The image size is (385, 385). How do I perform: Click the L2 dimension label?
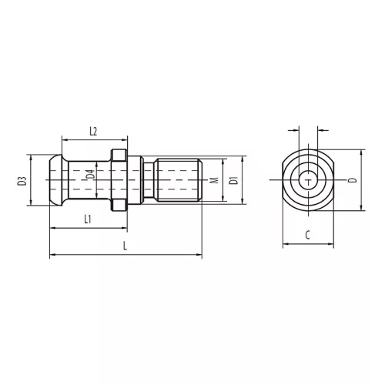click(x=93, y=132)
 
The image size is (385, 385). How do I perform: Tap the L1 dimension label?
click(x=88, y=219)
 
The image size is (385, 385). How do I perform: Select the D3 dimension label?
click(x=22, y=181)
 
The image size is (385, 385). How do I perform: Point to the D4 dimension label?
click(x=90, y=174)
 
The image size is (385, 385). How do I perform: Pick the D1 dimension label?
click(x=234, y=180)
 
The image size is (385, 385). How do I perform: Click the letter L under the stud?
click(x=125, y=246)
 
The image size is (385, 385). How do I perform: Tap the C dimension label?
click(x=308, y=235)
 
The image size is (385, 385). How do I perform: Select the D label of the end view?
click(x=353, y=180)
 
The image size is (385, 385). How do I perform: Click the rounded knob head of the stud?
click(x=56, y=180)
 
